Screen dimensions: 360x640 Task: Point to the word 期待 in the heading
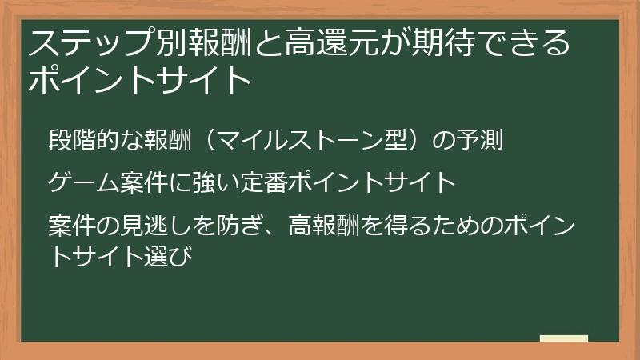pyautogui.click(x=430, y=43)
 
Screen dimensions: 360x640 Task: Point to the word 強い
pyautogui.click(x=208, y=183)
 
